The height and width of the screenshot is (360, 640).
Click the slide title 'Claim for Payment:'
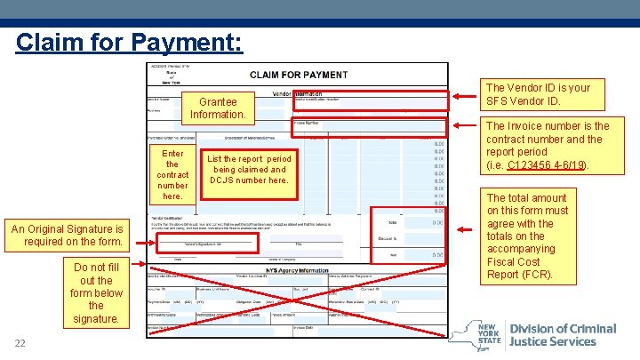128,42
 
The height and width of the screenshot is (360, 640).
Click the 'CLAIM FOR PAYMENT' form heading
298,75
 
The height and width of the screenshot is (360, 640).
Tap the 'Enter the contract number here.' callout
172,174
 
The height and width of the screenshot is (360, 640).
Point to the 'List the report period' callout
249,169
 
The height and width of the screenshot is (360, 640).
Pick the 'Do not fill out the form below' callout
96,292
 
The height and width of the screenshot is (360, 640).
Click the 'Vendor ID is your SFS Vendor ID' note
537,94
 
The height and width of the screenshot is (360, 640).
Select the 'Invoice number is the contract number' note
548,145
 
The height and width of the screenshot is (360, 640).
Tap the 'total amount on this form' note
527,236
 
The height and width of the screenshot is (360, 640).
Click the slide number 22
20,344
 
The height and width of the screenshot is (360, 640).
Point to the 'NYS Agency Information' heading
298,270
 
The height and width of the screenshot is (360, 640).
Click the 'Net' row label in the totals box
393,254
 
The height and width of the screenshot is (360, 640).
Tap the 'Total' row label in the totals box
393,222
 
